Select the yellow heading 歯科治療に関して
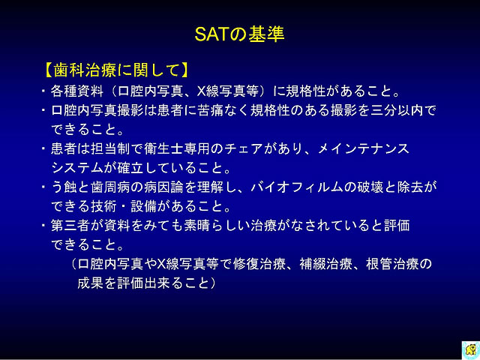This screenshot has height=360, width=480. tap(116, 70)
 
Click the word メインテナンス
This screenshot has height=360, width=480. tap(363, 148)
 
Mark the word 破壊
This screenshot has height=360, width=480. tap(370, 187)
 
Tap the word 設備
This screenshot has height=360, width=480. tap(144, 206)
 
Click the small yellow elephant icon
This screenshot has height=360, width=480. tap(470, 349)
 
